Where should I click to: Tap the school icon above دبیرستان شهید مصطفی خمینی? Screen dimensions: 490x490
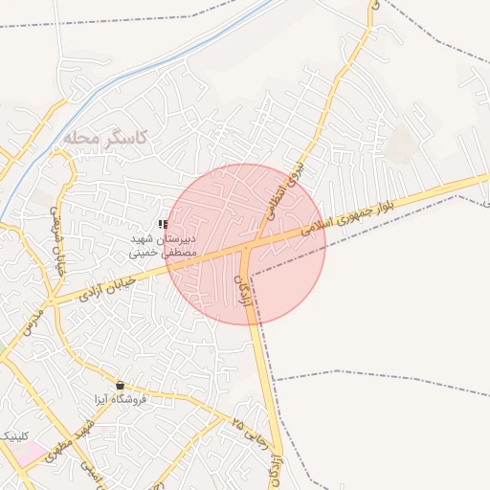coord(164,224)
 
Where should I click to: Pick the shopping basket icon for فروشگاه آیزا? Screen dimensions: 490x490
coord(120,384)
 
